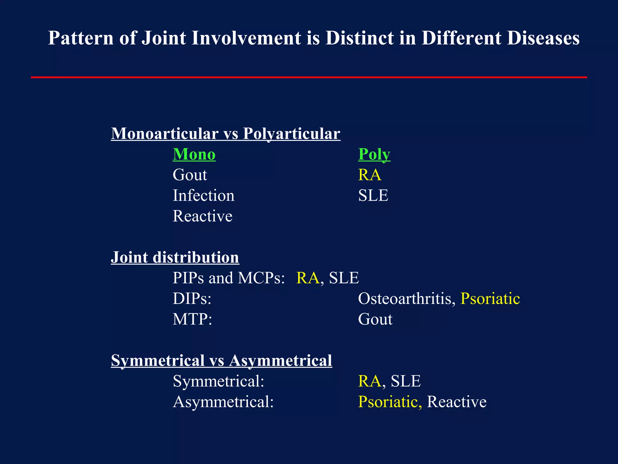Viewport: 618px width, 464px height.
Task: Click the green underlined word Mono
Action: click(194, 154)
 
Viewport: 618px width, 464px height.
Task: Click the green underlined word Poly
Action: click(374, 154)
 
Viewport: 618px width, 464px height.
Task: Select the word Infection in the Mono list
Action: click(203, 195)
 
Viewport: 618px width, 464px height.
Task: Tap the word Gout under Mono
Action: click(190, 175)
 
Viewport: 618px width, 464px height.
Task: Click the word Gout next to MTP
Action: click(375, 319)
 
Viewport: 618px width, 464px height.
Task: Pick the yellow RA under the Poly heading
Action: click(370, 175)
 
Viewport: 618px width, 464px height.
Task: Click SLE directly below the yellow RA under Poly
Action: click(373, 195)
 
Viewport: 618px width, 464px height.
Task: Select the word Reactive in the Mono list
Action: click(202, 216)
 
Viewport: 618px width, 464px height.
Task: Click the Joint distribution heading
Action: click(175, 257)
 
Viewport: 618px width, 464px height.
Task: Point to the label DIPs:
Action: click(192, 299)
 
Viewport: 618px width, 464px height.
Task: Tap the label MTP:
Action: click(192, 319)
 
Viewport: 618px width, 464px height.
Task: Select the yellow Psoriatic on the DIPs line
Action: click(490, 299)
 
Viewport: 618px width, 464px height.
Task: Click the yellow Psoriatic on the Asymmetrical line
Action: click(390, 402)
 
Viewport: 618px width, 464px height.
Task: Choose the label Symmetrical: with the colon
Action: click(218, 381)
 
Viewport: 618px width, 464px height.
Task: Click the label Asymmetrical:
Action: click(223, 402)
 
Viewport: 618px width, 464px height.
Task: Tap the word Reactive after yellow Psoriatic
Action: click(457, 402)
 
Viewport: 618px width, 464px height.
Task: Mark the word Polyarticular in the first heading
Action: click(291, 134)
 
